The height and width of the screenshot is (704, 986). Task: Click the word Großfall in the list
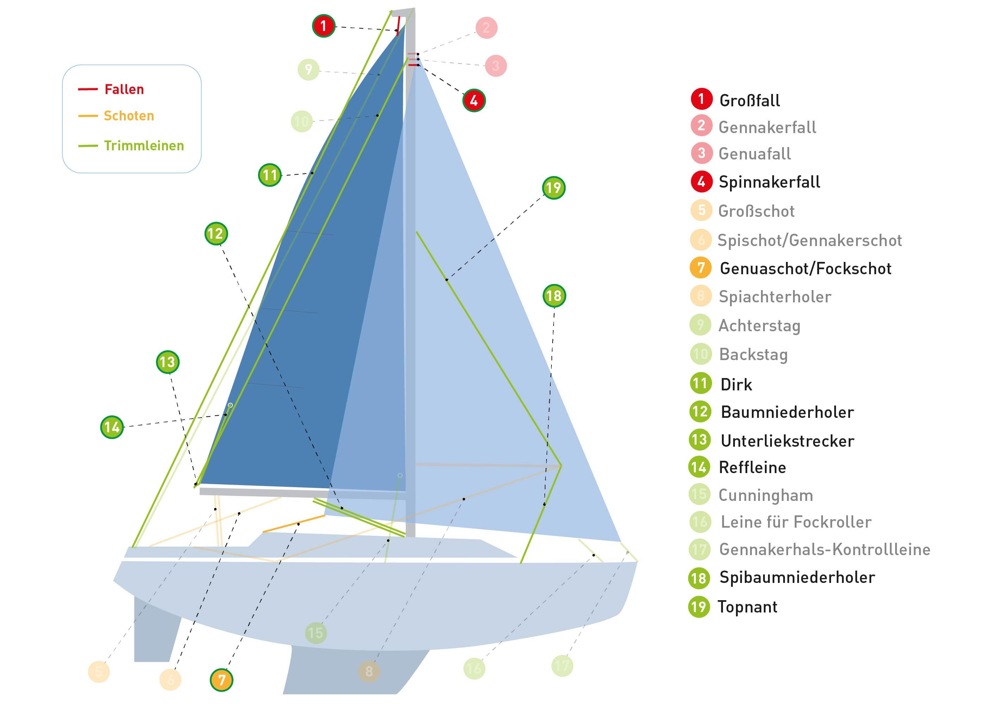pyautogui.click(x=749, y=101)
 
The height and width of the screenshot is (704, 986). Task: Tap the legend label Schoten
pyautogui.click(x=129, y=116)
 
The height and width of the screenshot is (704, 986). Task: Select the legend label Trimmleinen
pyautogui.click(x=144, y=146)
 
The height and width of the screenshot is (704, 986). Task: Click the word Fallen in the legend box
pyautogui.click(x=124, y=89)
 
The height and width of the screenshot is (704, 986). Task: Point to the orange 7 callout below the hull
pyautogui.click(x=221, y=680)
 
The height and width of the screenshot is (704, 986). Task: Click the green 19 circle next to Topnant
pyautogui.click(x=699, y=606)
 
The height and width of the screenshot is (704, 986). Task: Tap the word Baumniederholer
pyautogui.click(x=787, y=412)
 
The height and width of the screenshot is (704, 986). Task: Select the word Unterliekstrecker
pyautogui.click(x=787, y=441)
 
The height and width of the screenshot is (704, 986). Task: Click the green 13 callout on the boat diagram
pyautogui.click(x=167, y=362)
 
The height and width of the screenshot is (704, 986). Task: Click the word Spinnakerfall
pyautogui.click(x=769, y=182)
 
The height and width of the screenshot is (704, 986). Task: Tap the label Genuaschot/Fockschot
pyautogui.click(x=805, y=269)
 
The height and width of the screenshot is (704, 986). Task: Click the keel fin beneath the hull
pyautogui.click(x=347, y=672)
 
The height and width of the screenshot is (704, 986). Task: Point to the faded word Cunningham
pyautogui.click(x=765, y=495)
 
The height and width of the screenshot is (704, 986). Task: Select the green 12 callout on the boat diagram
pyautogui.click(x=216, y=234)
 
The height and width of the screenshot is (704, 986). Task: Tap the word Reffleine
pyautogui.click(x=752, y=467)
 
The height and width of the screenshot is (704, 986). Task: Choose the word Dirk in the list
pyautogui.click(x=736, y=384)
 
